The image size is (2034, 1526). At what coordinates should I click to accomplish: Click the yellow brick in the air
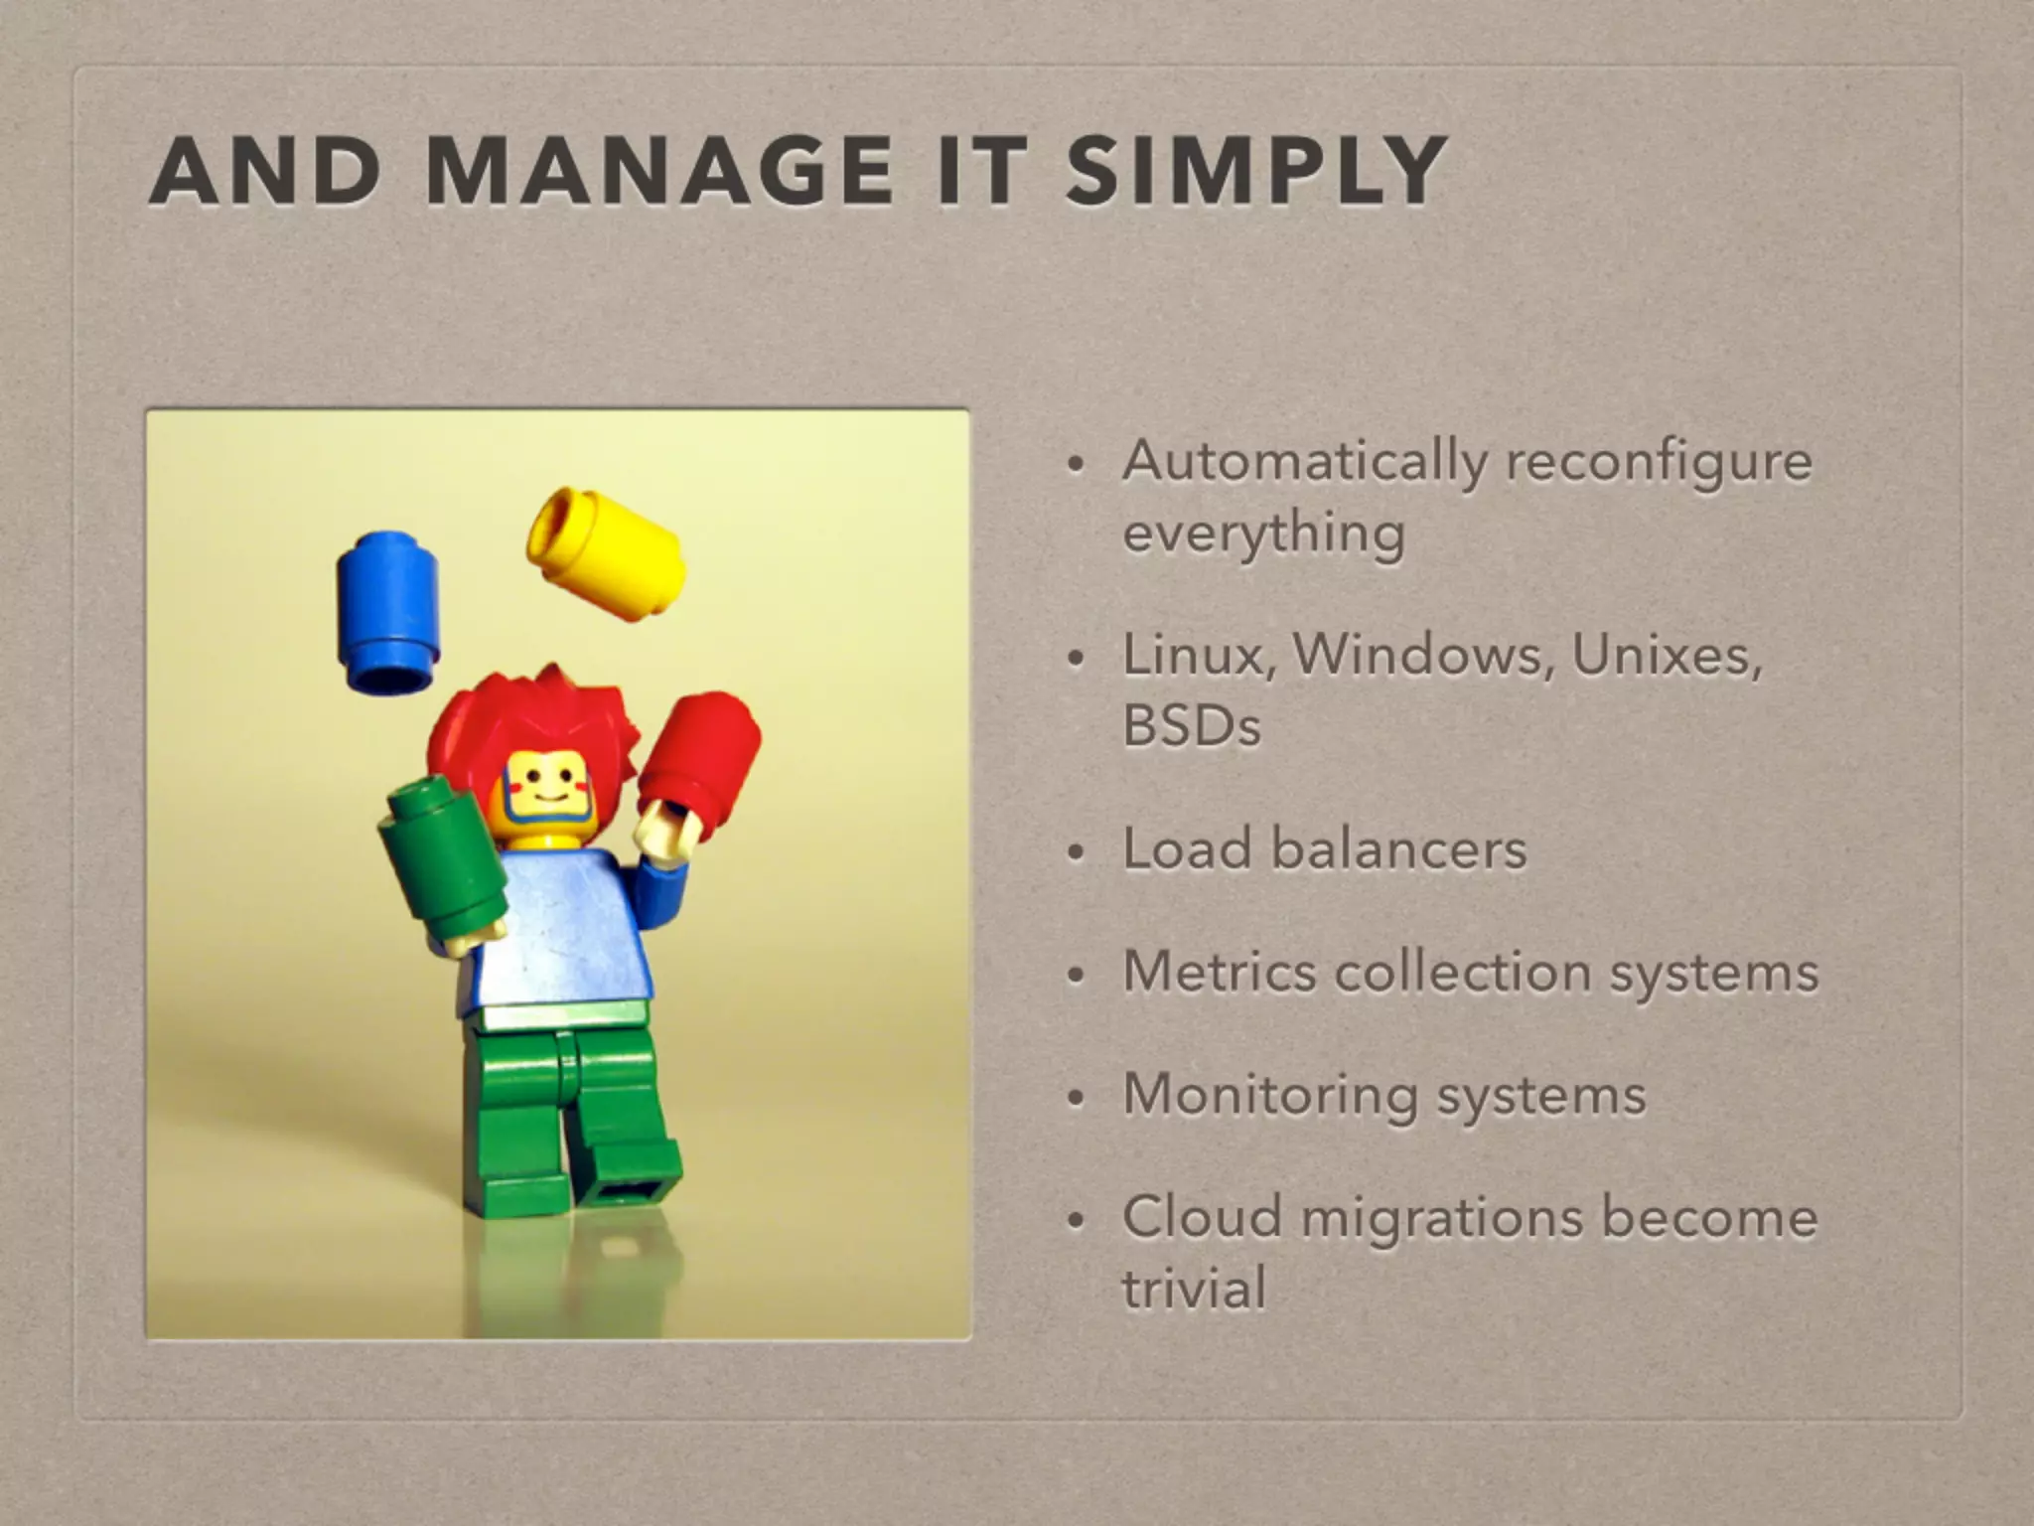click(606, 552)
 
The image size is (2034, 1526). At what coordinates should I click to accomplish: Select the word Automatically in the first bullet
click(1305, 463)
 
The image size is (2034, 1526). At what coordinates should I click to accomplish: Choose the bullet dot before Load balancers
click(1074, 853)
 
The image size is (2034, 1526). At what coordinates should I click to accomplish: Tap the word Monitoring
click(1270, 1095)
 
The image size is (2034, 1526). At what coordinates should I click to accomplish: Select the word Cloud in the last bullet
click(1203, 1218)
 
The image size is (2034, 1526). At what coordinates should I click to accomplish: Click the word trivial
click(1194, 1290)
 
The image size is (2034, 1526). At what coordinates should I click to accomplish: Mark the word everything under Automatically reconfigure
click(1263, 534)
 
